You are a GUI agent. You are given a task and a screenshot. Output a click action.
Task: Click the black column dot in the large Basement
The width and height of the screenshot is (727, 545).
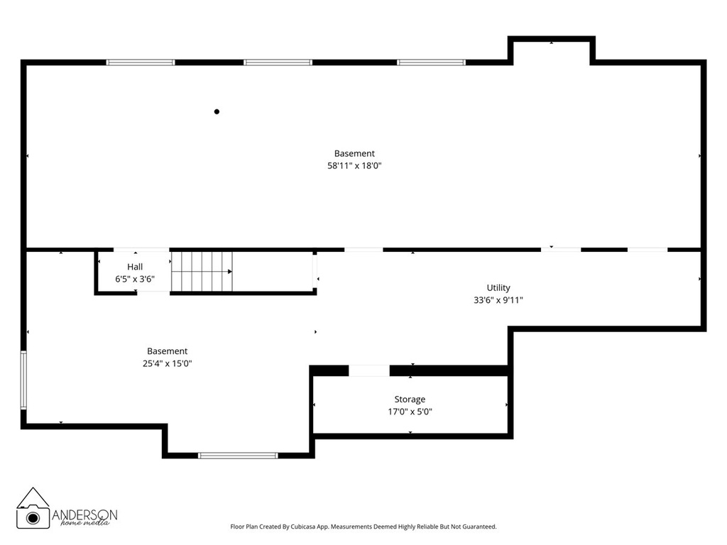[x=217, y=111]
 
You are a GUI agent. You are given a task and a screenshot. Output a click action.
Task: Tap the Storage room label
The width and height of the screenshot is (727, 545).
[x=410, y=399]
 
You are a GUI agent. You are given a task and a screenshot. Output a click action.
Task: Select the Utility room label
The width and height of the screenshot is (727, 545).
[x=498, y=288]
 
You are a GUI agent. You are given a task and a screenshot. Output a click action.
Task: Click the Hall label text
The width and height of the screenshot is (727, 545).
[x=135, y=267]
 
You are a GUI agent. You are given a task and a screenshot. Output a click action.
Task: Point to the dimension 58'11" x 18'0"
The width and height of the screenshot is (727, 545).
[x=354, y=166]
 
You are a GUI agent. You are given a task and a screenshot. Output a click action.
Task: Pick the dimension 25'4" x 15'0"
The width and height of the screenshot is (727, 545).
[x=168, y=364]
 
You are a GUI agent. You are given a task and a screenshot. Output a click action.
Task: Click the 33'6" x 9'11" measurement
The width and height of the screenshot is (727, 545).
[x=498, y=300]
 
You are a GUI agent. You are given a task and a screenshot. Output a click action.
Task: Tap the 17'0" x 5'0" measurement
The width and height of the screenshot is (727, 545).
[x=410, y=412]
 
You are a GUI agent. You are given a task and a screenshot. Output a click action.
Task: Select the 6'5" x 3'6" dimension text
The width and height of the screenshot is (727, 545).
[x=135, y=279]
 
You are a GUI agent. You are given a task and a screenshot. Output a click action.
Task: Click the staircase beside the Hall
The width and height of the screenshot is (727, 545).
[x=202, y=272]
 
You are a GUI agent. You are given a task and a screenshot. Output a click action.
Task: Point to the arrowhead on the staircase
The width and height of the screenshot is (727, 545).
[x=230, y=272]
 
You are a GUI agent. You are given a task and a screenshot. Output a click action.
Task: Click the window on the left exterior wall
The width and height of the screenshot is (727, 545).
[x=23, y=380]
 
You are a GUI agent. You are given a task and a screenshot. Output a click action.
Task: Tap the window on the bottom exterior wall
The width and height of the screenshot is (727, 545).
[x=238, y=456]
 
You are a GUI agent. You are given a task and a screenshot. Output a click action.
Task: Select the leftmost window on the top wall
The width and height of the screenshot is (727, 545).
[x=141, y=62]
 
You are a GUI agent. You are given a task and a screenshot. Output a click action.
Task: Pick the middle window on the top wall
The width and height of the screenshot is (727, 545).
[x=278, y=62]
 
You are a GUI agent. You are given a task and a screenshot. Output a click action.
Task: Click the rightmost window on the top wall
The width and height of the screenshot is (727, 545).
[x=431, y=62]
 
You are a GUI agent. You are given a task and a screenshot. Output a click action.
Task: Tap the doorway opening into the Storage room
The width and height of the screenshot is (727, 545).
[x=369, y=370]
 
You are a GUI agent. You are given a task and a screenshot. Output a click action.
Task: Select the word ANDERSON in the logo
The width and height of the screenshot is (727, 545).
[x=84, y=514]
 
